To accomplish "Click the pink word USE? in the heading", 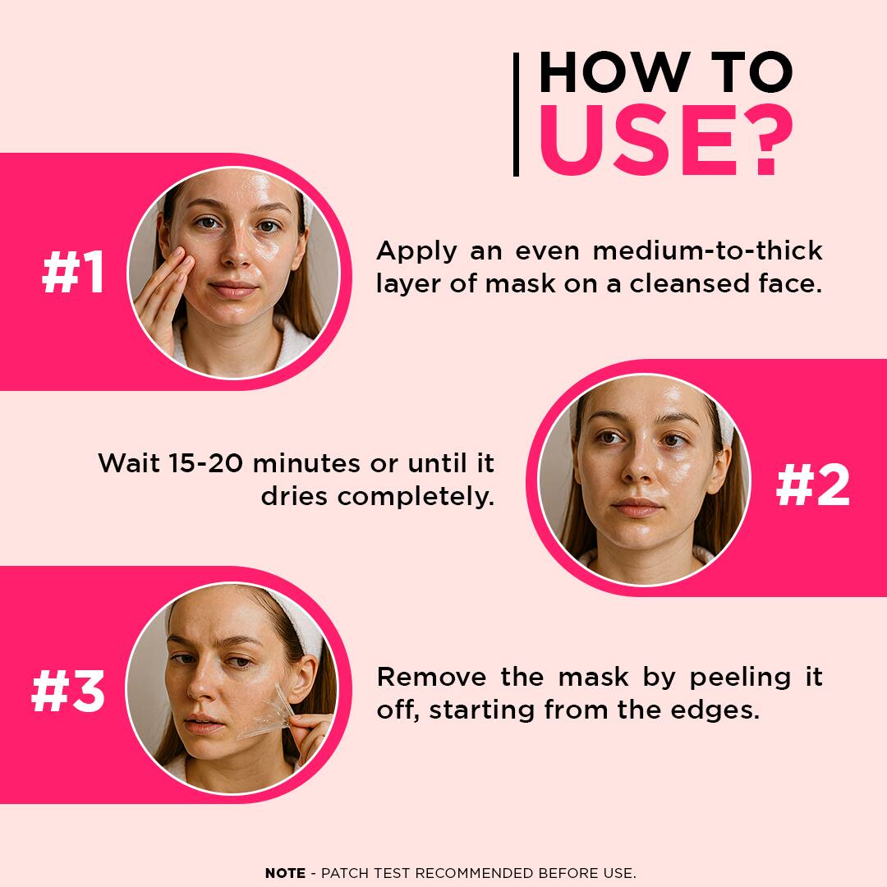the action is (666, 140).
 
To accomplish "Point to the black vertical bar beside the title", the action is (516, 114).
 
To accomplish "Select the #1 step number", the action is (73, 272).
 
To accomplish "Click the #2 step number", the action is (813, 485).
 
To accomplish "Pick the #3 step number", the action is (68, 691).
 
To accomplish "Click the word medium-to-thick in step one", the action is (707, 250).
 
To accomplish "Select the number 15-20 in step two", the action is (205, 463).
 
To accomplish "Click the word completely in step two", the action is (416, 497).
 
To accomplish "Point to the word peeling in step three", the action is (740, 677).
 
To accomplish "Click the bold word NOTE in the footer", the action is (285, 873).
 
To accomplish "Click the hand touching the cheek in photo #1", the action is (164, 297).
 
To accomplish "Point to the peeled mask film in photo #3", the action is (269, 713).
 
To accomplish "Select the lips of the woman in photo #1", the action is (232, 289).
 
